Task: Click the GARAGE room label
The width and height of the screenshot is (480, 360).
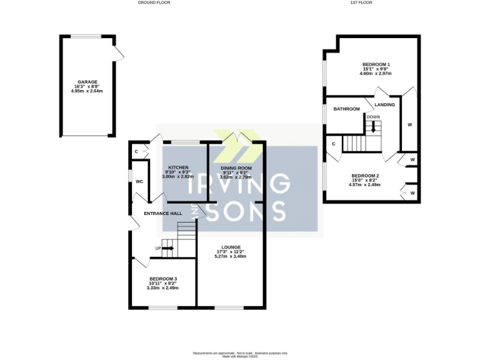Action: pos(86,82)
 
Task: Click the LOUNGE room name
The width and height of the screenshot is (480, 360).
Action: pos(230,247)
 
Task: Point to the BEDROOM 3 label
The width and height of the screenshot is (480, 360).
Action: pos(162,279)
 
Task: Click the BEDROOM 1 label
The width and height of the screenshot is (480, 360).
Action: pos(376,65)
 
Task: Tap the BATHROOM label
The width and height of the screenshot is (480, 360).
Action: pos(347,109)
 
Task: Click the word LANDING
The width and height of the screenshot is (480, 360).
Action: pos(384,104)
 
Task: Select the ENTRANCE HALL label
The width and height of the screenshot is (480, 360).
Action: pos(163,213)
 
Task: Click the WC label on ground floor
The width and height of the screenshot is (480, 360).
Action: pos(140,181)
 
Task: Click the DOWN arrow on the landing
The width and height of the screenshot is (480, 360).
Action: pos(373,127)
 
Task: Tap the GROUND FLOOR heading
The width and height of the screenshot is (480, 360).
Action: pos(154,3)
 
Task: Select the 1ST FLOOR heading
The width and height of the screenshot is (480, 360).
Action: pos(362,3)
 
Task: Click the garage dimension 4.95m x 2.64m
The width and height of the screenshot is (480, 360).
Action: pos(86,91)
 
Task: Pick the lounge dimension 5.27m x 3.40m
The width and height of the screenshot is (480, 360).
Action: pos(230,257)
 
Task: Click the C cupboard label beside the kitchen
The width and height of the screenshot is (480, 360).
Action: pos(136,151)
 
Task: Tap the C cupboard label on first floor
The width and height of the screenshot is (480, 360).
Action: pos(334,144)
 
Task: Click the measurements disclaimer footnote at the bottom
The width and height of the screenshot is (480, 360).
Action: pos(240,354)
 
